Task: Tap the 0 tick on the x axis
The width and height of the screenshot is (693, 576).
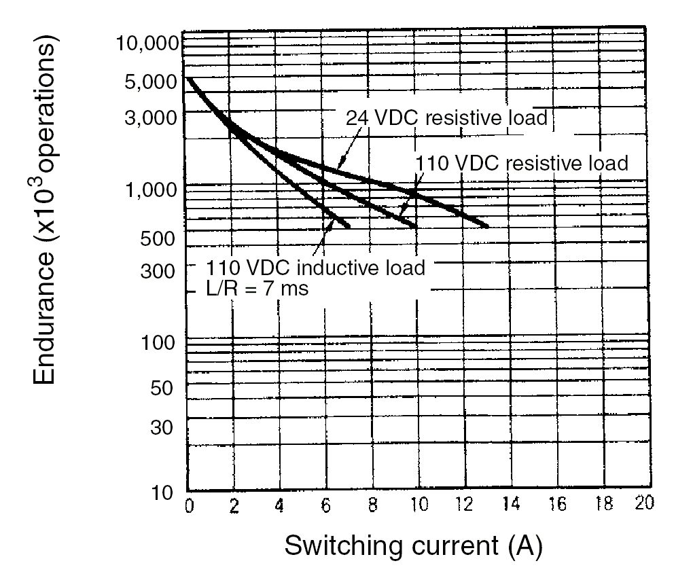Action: coord(188,506)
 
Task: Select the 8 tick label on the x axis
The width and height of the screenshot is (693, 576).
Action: coord(372,506)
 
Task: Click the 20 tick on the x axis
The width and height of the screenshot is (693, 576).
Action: coord(643,506)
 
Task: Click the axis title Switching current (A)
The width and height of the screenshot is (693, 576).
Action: coord(413,545)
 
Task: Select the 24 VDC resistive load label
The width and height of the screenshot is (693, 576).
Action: coord(447,118)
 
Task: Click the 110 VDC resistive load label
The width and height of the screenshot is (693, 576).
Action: coord(521,163)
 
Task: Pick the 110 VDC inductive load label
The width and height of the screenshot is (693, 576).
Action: coord(316,267)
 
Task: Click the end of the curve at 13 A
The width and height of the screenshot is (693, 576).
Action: coord(486,226)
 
